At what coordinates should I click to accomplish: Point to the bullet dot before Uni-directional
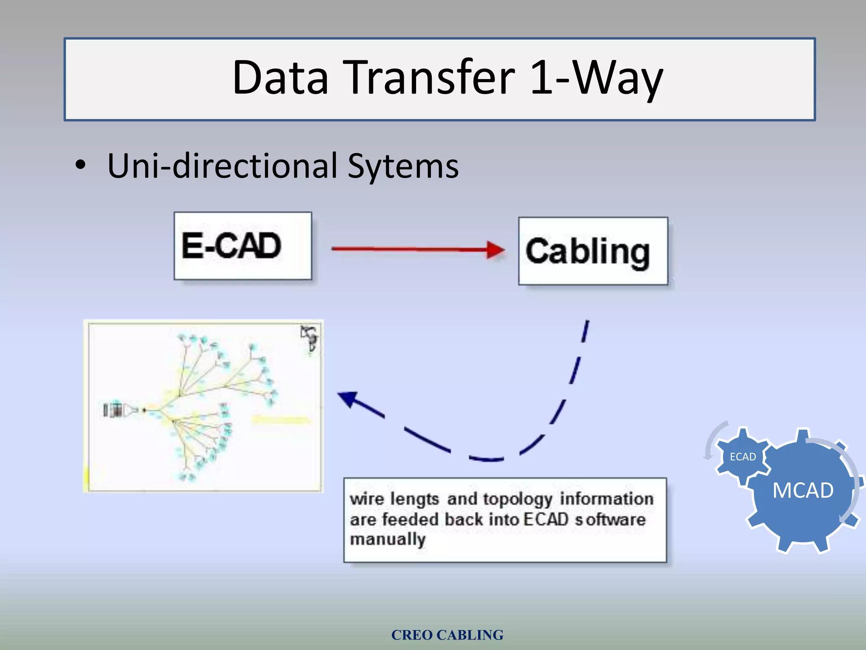tap(80, 165)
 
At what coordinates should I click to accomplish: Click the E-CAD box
tap(243, 246)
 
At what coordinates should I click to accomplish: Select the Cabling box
tap(593, 251)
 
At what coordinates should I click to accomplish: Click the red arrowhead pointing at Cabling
tap(496, 249)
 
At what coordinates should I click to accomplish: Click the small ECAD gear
tap(743, 457)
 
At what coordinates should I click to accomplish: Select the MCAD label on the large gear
tap(803, 490)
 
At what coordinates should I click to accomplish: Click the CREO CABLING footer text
tap(447, 635)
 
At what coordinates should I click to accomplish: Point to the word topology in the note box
tap(518, 499)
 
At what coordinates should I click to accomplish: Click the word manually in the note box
tap(387, 540)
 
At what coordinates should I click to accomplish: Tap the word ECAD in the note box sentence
tap(545, 519)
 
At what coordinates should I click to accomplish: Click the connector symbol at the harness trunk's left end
tap(113, 410)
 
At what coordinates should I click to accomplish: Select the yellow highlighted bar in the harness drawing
tap(281, 420)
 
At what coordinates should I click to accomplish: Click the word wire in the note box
tap(367, 499)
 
